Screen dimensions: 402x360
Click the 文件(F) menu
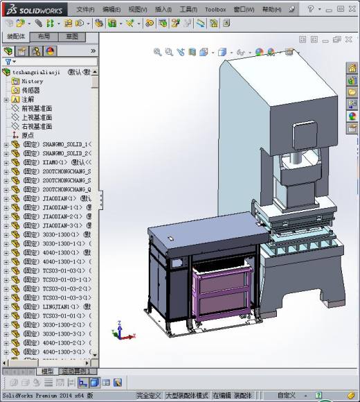(x=85, y=10)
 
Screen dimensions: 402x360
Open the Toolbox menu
(x=215, y=10)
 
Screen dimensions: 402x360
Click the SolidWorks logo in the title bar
(x=34, y=9)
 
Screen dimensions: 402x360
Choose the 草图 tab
(x=71, y=36)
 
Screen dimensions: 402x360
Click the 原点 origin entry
(x=27, y=135)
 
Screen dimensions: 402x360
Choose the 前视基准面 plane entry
(x=37, y=108)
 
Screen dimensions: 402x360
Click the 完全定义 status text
(x=149, y=395)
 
